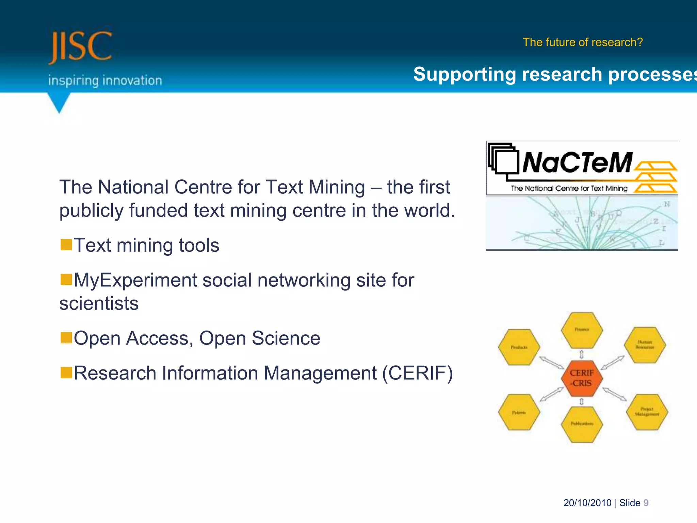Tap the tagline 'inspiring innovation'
(105, 81)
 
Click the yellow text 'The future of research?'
(583, 42)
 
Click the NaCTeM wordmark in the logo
(577, 162)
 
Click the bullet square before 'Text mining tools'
(66, 244)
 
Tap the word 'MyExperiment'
(135, 280)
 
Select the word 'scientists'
(99, 303)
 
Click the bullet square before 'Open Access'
(66, 338)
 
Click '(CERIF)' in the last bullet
(418, 373)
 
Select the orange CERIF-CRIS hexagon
(582, 378)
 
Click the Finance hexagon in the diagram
(582, 330)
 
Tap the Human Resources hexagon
(645, 345)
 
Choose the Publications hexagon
(582, 424)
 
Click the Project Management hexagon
(647, 412)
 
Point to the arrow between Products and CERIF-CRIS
(551, 363)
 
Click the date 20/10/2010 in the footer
(587, 503)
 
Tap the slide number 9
(646, 503)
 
